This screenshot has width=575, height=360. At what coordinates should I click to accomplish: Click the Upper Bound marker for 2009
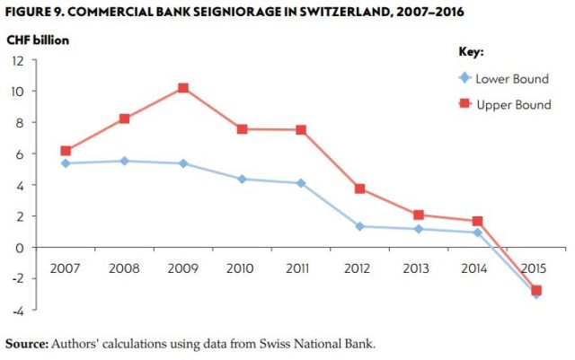(x=183, y=88)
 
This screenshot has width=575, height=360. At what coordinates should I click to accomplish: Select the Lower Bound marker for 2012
(x=359, y=226)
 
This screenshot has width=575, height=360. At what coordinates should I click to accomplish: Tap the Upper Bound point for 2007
(x=66, y=151)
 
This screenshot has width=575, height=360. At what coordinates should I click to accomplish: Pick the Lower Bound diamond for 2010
(x=242, y=180)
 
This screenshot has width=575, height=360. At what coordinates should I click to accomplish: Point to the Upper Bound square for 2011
(x=301, y=130)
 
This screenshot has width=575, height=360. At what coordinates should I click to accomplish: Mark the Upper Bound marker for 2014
(x=477, y=221)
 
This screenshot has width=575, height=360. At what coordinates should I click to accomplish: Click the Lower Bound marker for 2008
(x=124, y=161)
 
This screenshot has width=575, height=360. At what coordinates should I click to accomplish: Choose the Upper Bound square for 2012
(x=359, y=189)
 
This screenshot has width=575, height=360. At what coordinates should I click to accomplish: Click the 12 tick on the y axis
(x=17, y=60)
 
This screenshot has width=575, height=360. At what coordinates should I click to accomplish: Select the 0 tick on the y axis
(x=20, y=248)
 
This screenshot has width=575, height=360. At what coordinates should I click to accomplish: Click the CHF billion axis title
(x=38, y=40)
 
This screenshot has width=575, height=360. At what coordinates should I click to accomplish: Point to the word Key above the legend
(x=472, y=53)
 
